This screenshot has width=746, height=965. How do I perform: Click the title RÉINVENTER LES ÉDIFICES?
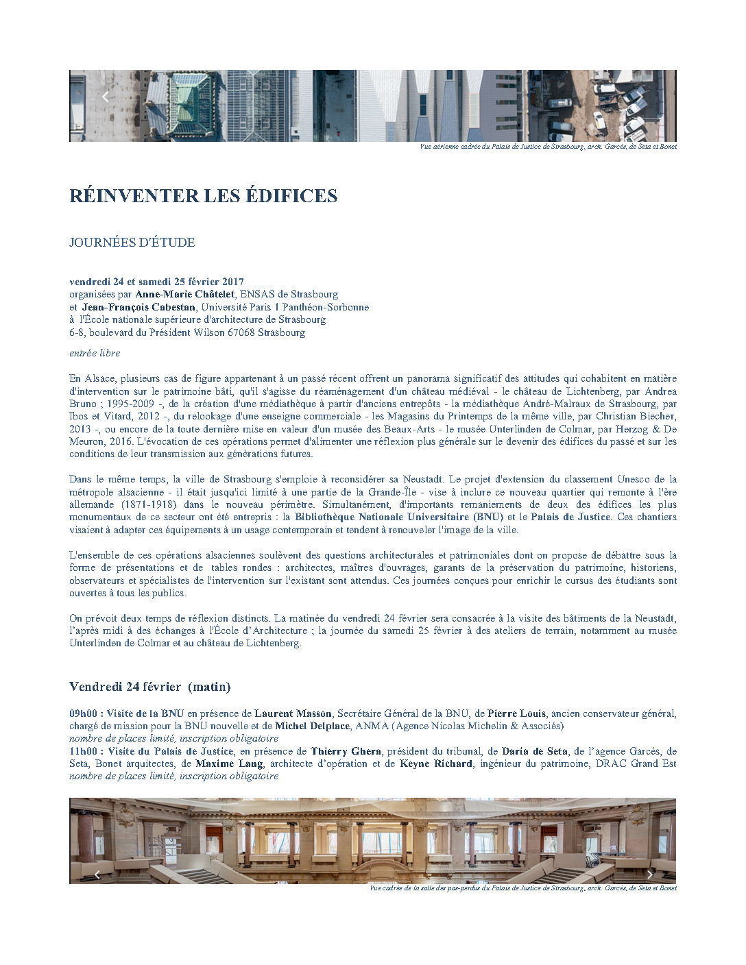[x=203, y=196]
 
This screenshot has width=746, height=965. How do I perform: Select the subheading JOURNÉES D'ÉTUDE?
[x=132, y=243]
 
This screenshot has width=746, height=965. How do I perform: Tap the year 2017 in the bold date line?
[x=232, y=282]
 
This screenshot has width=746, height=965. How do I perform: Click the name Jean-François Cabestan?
[x=139, y=307]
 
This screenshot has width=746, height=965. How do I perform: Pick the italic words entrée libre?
[x=95, y=354]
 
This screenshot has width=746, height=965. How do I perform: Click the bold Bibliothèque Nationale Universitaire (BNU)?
[x=398, y=517]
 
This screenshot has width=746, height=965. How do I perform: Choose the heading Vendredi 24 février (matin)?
[x=149, y=687]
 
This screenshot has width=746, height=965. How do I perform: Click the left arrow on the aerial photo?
[x=105, y=97]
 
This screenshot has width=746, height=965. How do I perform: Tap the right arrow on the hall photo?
[x=650, y=875]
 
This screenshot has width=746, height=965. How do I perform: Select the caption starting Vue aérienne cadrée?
[x=548, y=147]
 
